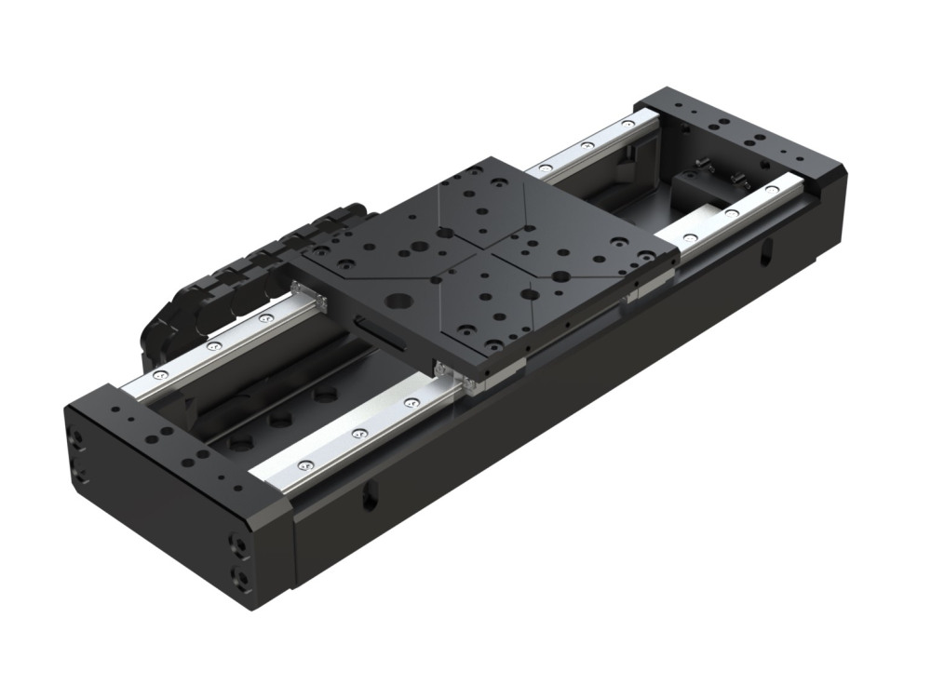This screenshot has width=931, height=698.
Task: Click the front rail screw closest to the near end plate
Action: pyautogui.click(x=304, y=464)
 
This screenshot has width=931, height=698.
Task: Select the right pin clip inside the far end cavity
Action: pyautogui.click(x=739, y=178)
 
